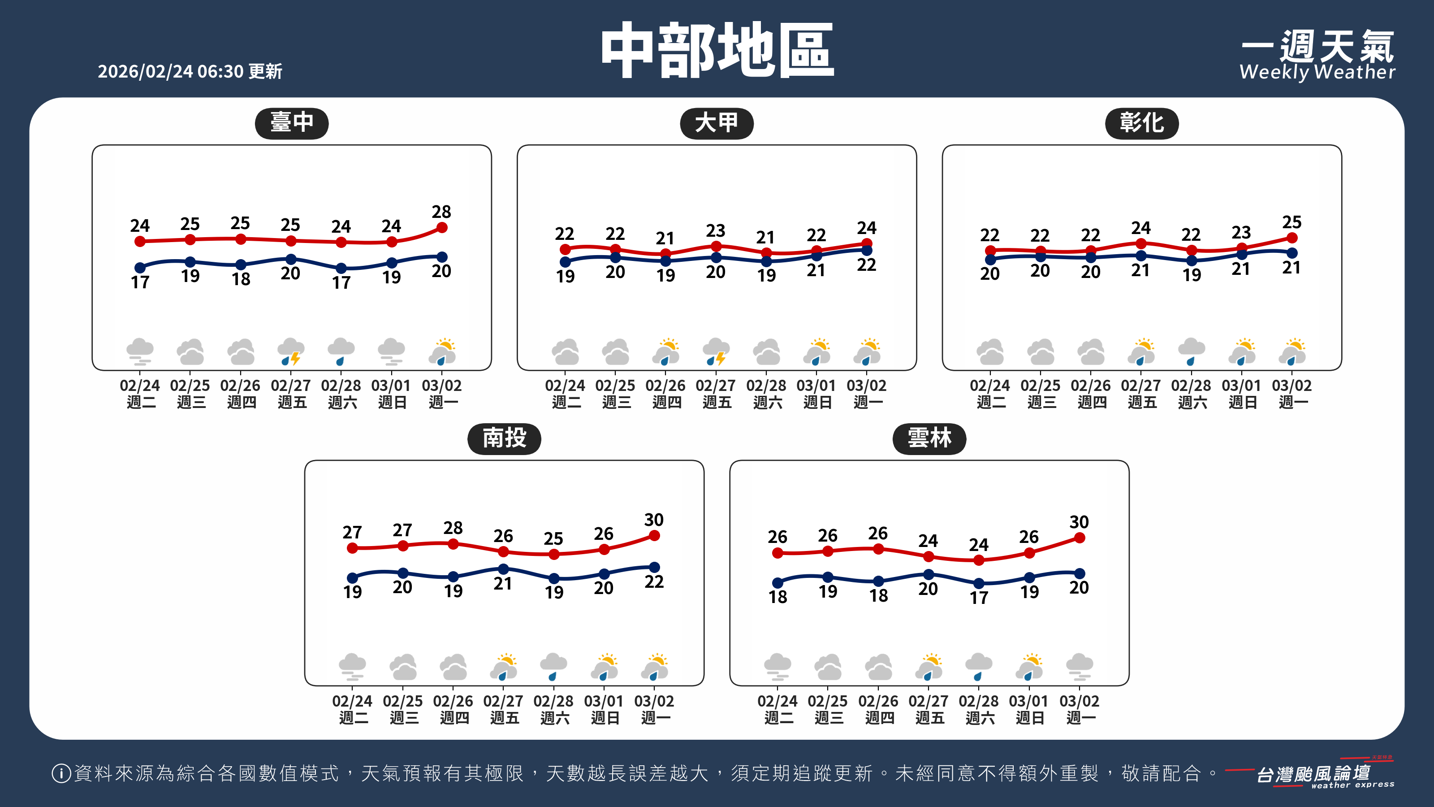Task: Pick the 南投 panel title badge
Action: pos(504,438)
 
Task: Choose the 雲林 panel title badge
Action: pos(929,438)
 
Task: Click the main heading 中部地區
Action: pos(717,50)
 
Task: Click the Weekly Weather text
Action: pos(1317,72)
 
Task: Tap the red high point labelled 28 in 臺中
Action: pos(442,227)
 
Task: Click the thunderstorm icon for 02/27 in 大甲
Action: pos(716,351)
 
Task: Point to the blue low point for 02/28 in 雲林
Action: pos(979,583)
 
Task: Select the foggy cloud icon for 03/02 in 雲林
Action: pos(1080,667)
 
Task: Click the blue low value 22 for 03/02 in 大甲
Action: pos(866,265)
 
